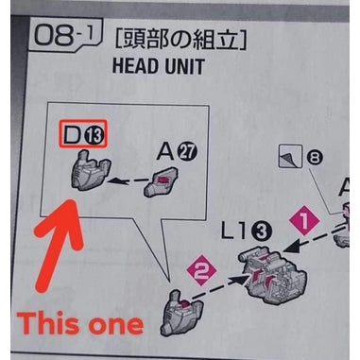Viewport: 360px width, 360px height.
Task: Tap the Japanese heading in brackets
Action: click(183, 40)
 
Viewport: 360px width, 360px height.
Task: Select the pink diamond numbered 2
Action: click(197, 270)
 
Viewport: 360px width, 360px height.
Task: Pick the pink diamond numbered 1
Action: click(303, 222)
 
